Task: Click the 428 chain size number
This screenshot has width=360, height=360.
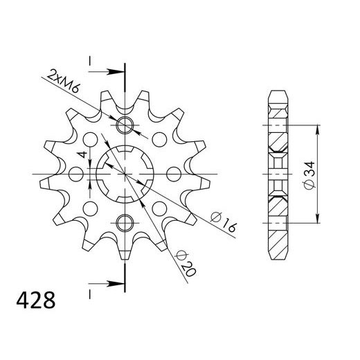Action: click(36, 300)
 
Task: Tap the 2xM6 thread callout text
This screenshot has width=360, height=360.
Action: click(63, 80)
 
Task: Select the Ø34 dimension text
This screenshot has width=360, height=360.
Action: click(309, 175)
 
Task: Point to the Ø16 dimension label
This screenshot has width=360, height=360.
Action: click(224, 222)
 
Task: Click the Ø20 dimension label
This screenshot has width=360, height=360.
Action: click(186, 264)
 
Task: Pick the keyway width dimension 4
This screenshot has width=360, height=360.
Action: click(82, 154)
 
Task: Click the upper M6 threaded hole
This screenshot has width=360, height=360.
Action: click(125, 125)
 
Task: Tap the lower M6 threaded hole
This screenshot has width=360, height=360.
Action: click(125, 223)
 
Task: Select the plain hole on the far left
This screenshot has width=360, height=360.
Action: click(76, 174)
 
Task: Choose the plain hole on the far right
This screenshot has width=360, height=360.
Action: click(174, 174)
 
